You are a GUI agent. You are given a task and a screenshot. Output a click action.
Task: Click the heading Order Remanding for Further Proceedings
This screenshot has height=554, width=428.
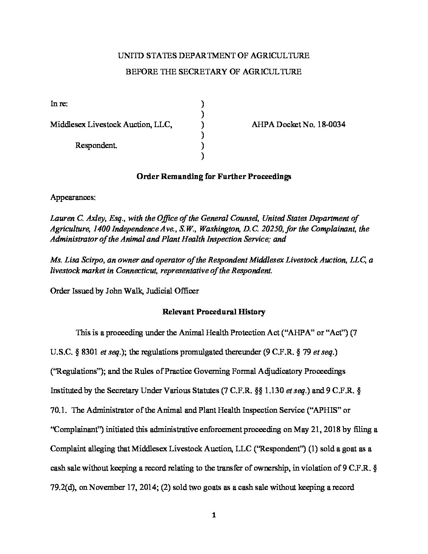[214, 176]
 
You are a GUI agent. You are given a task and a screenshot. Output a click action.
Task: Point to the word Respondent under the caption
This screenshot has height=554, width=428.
[96, 146]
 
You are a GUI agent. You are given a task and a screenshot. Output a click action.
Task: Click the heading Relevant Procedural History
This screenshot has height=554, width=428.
[214, 312]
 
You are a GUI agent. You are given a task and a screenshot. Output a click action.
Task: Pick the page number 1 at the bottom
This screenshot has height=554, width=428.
[214, 516]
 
